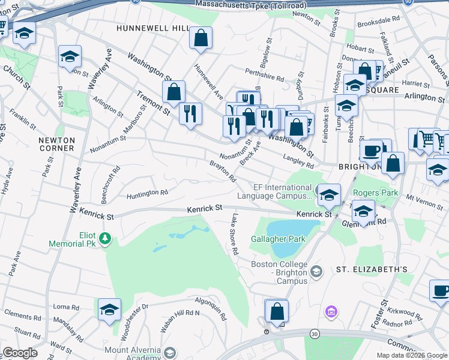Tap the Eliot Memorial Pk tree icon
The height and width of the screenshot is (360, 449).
106,239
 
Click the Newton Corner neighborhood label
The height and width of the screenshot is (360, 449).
56,143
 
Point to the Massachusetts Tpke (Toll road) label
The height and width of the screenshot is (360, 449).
248,5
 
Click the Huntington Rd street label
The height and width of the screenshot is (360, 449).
147,193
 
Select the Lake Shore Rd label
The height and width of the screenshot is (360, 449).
232,234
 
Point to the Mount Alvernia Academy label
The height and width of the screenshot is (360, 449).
133,354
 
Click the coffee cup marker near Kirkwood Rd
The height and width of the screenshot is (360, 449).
441,291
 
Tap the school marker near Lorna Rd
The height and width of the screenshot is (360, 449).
109,310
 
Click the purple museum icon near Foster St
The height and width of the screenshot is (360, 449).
330,312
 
